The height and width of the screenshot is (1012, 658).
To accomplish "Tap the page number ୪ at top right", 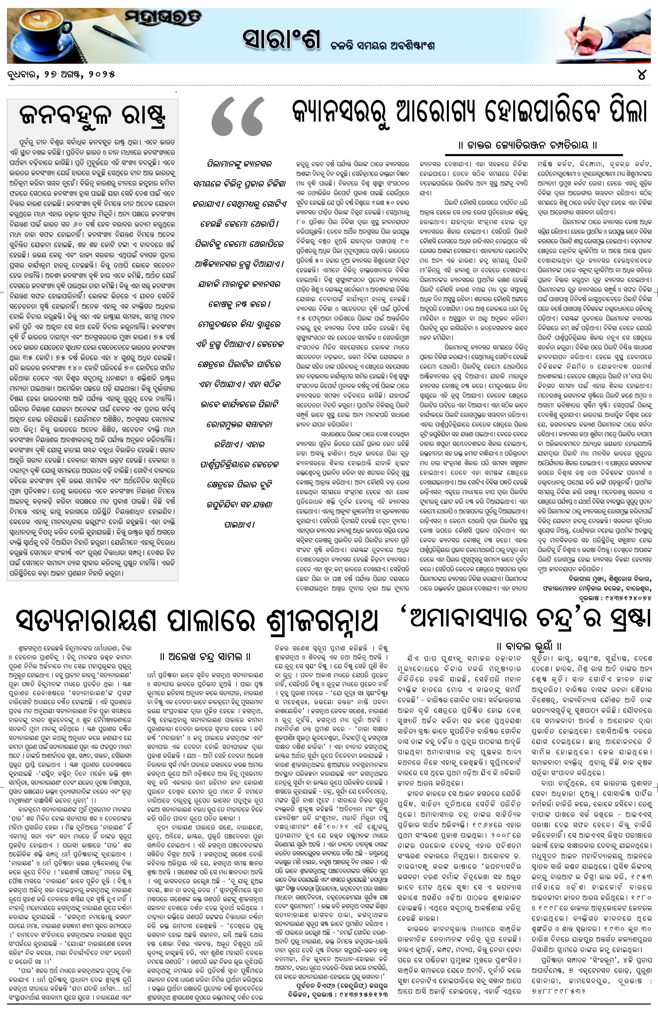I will pyautogui.click(x=641, y=74).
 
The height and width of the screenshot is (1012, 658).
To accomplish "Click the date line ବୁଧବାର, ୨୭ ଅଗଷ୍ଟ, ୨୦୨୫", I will pyautogui.click(x=61, y=74).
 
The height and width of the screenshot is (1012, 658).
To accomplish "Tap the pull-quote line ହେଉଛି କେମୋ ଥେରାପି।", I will pyautogui.click(x=239, y=224).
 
